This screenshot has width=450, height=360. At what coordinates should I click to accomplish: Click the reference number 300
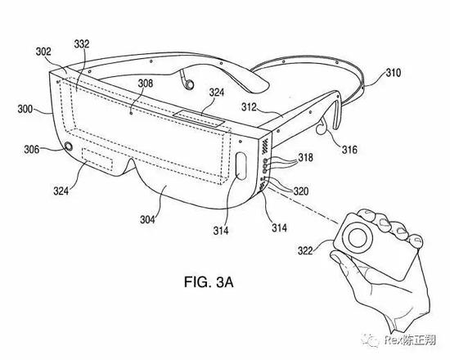click(x=25, y=110)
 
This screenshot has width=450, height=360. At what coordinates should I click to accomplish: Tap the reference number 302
click(x=43, y=52)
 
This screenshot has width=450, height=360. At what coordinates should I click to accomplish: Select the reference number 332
click(x=82, y=44)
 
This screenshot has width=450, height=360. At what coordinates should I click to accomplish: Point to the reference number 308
click(x=146, y=83)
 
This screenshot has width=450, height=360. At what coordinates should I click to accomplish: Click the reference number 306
click(x=32, y=149)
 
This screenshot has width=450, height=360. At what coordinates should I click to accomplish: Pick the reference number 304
click(x=147, y=219)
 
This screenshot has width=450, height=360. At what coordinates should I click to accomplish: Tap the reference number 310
click(x=393, y=73)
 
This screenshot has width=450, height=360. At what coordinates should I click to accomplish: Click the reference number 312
click(x=249, y=107)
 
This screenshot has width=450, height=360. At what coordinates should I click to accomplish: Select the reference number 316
click(x=349, y=150)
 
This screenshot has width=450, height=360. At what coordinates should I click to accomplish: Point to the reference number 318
click(x=306, y=158)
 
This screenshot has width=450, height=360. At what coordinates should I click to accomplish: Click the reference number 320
click(x=301, y=191)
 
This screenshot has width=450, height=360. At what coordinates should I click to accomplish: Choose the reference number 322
click(x=305, y=250)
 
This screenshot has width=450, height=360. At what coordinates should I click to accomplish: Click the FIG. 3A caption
click(x=209, y=282)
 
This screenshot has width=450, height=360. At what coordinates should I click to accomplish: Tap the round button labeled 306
click(x=69, y=146)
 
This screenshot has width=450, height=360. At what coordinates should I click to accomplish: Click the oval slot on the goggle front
click(x=241, y=166)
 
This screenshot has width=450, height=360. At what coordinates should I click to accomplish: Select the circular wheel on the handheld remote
click(x=357, y=238)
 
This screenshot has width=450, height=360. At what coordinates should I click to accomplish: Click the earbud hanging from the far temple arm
click(x=188, y=83)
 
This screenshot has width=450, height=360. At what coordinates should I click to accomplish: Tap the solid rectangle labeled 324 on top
click(x=199, y=118)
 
